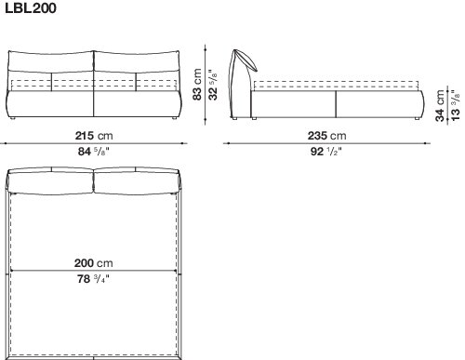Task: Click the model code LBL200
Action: (31, 8)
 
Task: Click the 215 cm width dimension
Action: (94, 136)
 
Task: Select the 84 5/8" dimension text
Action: (94, 152)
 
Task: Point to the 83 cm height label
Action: (197, 85)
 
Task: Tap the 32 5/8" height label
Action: (213, 85)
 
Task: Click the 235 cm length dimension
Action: (326, 136)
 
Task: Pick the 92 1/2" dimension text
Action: (326, 152)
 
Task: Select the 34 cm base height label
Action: (440, 106)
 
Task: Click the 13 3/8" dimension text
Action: (455, 106)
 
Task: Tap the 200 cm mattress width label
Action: (94, 263)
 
